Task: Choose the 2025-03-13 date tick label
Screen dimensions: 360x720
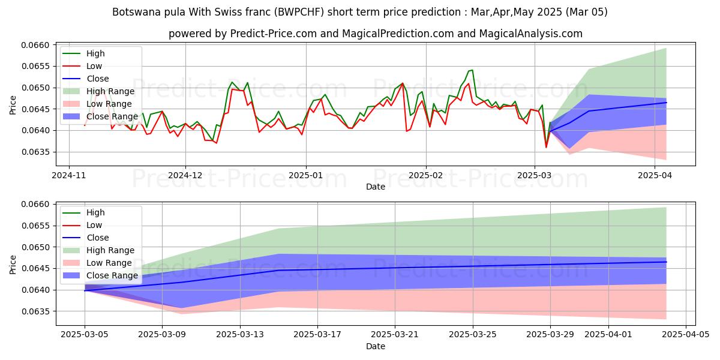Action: click(240, 334)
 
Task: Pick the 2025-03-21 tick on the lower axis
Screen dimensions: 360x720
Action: click(395, 334)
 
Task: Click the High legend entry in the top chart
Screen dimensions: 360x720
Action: click(95, 53)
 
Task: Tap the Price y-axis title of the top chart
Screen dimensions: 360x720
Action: click(13, 104)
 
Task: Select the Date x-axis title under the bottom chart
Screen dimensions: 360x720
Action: click(376, 346)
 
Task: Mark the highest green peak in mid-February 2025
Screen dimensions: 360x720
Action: click(472, 70)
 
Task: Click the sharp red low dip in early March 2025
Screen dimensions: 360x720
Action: click(546, 147)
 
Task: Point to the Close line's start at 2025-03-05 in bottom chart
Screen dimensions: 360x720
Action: click(85, 290)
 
